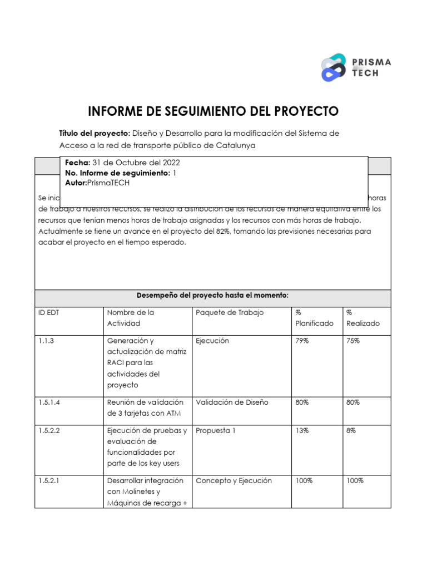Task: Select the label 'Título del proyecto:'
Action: tap(94, 134)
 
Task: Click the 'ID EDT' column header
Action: tap(48, 312)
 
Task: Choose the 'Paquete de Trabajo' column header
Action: tap(230, 312)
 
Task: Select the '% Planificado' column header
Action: tap(314, 318)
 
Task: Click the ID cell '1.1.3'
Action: tap(46, 341)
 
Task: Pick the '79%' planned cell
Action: tap(302, 341)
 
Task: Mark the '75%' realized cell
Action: tap(353, 341)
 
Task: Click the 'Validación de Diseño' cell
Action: tap(232, 402)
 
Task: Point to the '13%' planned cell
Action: tap(302, 430)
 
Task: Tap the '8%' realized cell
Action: tap(351, 430)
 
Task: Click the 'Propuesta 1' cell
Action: tap(216, 430)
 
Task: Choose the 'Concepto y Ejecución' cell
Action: tap(234, 480)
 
